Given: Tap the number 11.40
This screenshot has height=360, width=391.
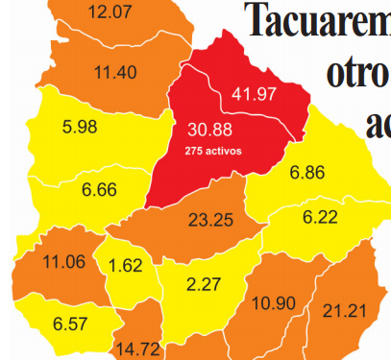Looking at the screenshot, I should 115,71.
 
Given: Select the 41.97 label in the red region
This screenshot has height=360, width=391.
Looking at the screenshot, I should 255,93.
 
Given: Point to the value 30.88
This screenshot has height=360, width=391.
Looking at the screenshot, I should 211,130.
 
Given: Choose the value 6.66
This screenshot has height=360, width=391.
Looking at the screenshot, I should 100,190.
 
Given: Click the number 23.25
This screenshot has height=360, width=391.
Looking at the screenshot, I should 210,220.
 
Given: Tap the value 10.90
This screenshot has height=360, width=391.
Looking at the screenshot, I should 273,303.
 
